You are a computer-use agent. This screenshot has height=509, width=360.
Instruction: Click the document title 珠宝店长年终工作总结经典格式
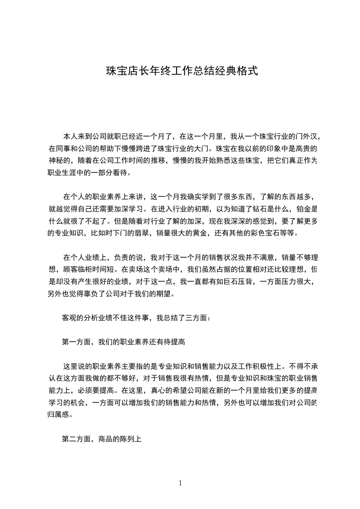pos(182,71)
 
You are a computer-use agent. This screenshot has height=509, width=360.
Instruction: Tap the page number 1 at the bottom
pos(180,483)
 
